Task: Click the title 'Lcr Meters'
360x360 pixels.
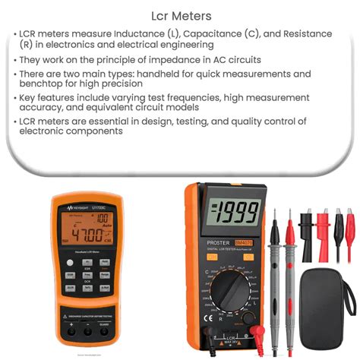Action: pyautogui.click(x=179, y=14)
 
